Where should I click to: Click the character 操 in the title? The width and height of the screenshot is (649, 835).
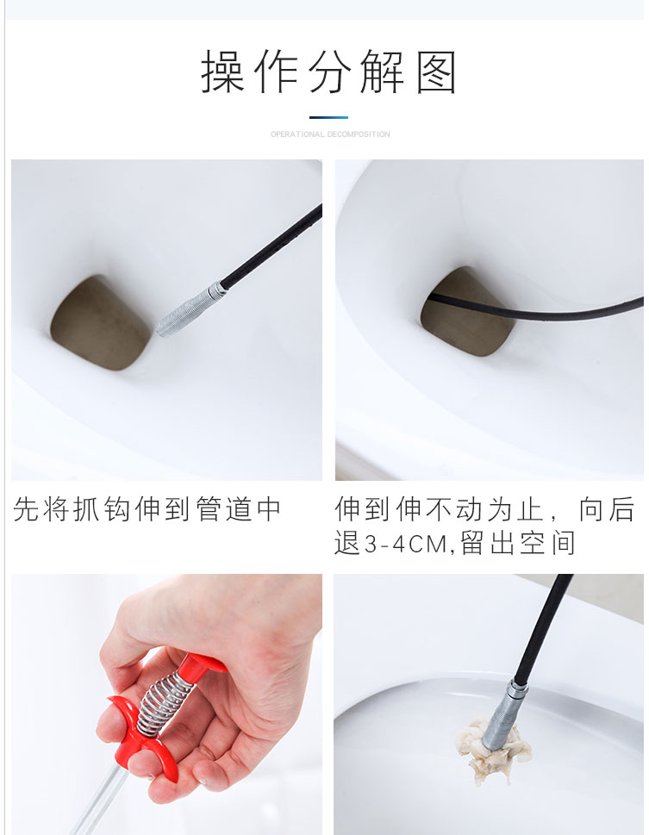click(222, 72)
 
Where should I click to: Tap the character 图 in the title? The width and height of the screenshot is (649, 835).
click(436, 72)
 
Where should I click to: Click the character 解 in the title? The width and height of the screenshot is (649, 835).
click(382, 72)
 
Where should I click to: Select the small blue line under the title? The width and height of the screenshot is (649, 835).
click(328, 118)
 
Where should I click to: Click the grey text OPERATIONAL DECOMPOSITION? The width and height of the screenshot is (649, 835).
click(330, 134)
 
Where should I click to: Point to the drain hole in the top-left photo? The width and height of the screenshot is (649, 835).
click(101, 322)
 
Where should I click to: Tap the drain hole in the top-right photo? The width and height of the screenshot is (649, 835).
click(468, 312)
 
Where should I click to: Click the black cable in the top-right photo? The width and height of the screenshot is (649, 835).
click(533, 311)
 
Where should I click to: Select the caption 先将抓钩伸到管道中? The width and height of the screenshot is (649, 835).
click(147, 509)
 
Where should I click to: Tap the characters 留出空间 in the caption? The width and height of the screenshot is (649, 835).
click(518, 544)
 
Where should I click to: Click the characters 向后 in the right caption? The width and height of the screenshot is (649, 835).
click(607, 509)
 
